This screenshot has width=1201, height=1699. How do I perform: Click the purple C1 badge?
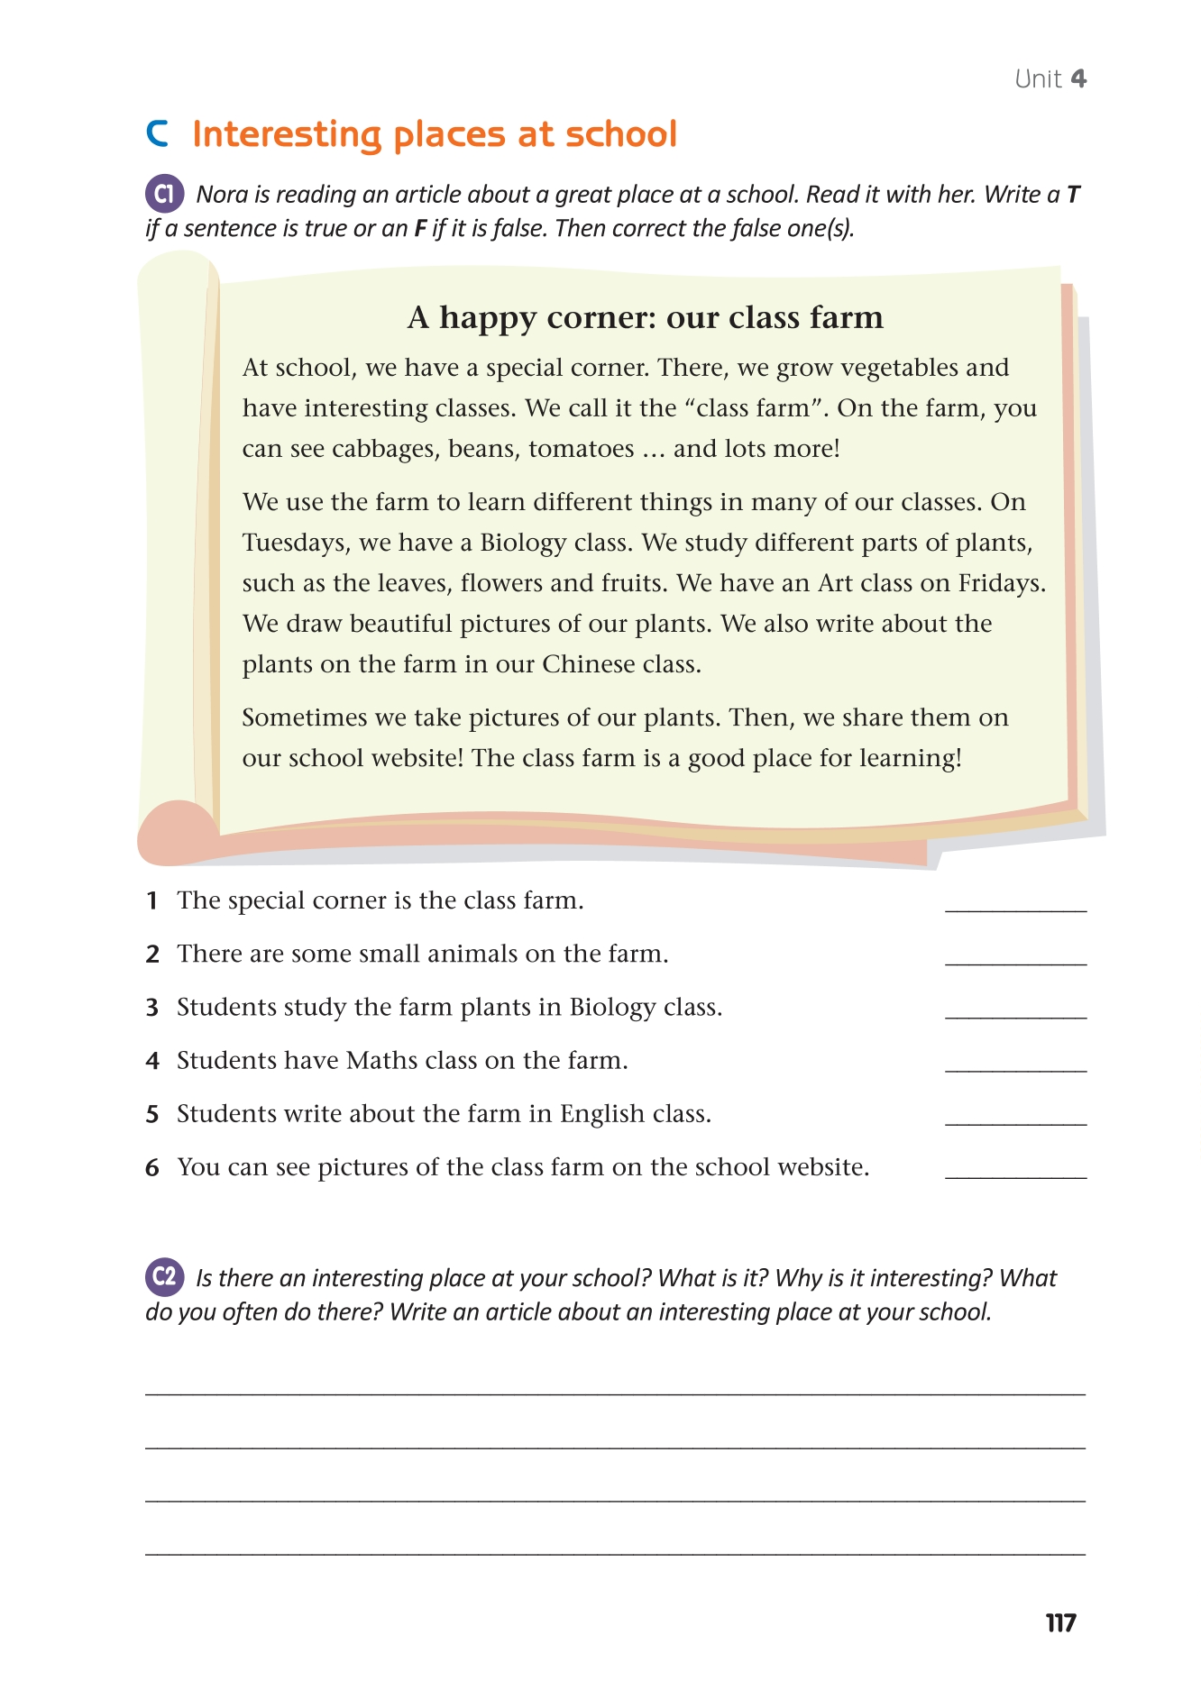[x=164, y=194]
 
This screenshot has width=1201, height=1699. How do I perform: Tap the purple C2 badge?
[x=164, y=1277]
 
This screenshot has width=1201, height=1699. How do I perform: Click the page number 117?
[x=1060, y=1623]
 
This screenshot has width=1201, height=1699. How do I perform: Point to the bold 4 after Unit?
[x=1078, y=79]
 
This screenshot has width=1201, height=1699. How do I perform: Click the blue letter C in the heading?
[x=157, y=134]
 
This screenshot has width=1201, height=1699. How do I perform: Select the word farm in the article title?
[x=846, y=317]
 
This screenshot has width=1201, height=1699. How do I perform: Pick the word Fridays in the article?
[x=1001, y=583]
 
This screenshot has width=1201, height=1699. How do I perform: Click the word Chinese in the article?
[x=589, y=664]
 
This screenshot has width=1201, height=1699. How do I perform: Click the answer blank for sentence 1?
[x=1015, y=904]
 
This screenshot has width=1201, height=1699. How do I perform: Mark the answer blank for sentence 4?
[x=1015, y=1064]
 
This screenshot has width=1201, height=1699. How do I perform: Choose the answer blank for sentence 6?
[x=1015, y=1171]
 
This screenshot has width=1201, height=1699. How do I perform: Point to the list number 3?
[x=152, y=1008]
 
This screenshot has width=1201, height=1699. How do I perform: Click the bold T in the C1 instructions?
[x=1073, y=195]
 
